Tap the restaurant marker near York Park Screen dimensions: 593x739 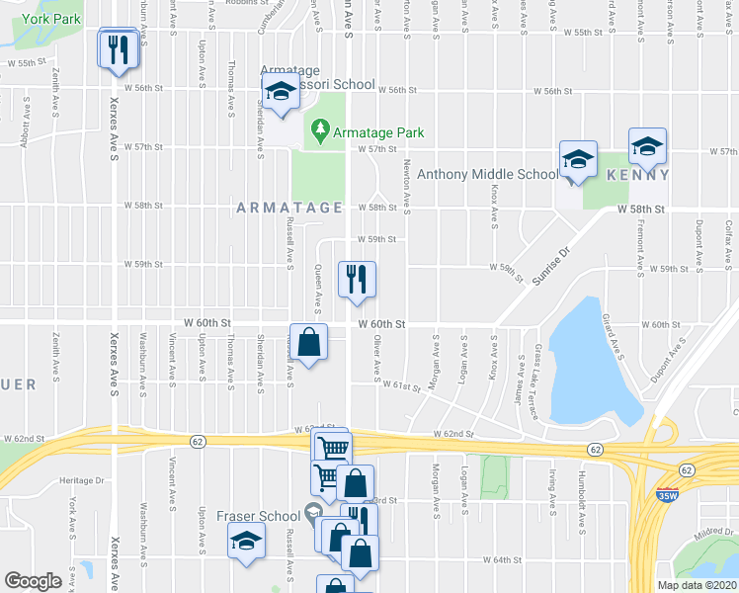pyautogui.click(x=119, y=49)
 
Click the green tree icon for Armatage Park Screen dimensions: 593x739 pyautogui.click(x=319, y=130)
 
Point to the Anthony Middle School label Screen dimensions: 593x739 pyautogui.click(x=488, y=175)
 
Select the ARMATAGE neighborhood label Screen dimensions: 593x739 pyautogui.click(x=288, y=208)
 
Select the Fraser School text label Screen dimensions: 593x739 pyautogui.click(x=259, y=516)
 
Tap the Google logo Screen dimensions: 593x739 pyautogui.click(x=34, y=581)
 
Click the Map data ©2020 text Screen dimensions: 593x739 pyautogui.click(x=696, y=585)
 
